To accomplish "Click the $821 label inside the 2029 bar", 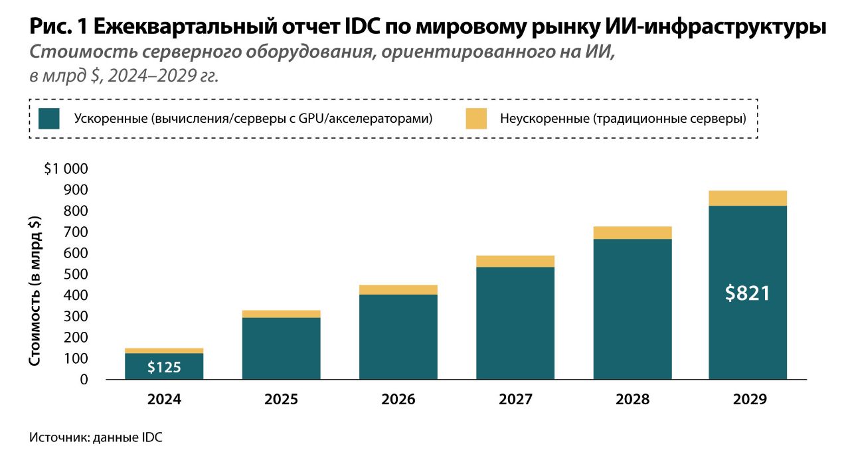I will point(748,293).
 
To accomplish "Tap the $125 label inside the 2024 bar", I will point(164,367).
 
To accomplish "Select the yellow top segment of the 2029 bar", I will point(748,198).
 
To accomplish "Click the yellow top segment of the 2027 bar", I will point(515,261).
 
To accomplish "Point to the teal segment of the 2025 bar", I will point(281,348).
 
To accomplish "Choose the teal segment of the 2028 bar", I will point(632,309).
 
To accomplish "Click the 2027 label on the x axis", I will point(515,400).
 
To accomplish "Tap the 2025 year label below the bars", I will point(281,400).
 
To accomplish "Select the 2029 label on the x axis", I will point(749,400).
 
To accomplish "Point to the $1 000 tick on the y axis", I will point(66,169).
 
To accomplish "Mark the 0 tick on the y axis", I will point(84,380).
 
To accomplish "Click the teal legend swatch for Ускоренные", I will point(49,119).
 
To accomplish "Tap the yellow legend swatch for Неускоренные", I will point(475,119).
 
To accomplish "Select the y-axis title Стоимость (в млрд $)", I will point(35,291).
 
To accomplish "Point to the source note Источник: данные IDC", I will point(96,437).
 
